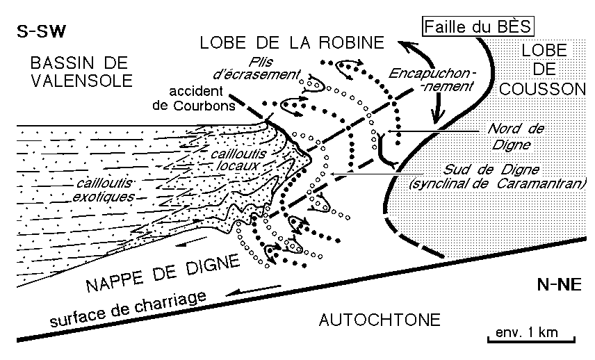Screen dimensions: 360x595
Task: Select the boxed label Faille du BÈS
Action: point(478,27)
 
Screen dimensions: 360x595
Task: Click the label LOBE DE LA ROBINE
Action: point(291,42)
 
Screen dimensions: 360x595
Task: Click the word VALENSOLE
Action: point(81,80)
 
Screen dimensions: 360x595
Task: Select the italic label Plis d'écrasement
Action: point(268,67)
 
